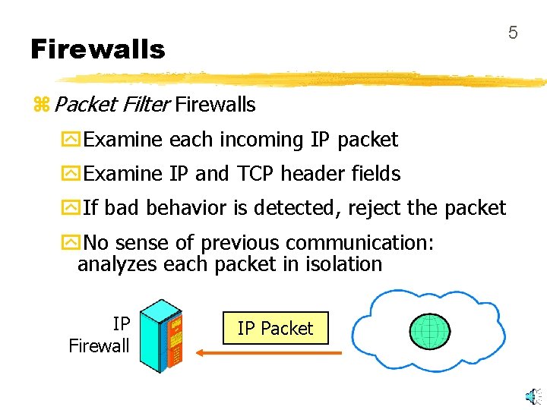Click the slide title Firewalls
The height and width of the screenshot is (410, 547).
click(x=97, y=49)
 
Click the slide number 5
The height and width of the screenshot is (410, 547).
click(x=513, y=32)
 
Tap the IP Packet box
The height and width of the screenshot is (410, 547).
click(x=275, y=328)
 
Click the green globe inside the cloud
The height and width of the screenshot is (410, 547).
click(x=430, y=330)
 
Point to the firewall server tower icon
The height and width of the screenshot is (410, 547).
click(x=163, y=335)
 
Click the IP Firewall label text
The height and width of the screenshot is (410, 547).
click(x=100, y=335)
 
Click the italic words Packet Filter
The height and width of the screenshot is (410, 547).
click(x=112, y=104)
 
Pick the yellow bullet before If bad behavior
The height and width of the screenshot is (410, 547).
click(x=71, y=208)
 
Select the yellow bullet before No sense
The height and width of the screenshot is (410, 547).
click(x=71, y=243)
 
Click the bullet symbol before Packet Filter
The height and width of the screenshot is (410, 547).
click(x=41, y=105)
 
